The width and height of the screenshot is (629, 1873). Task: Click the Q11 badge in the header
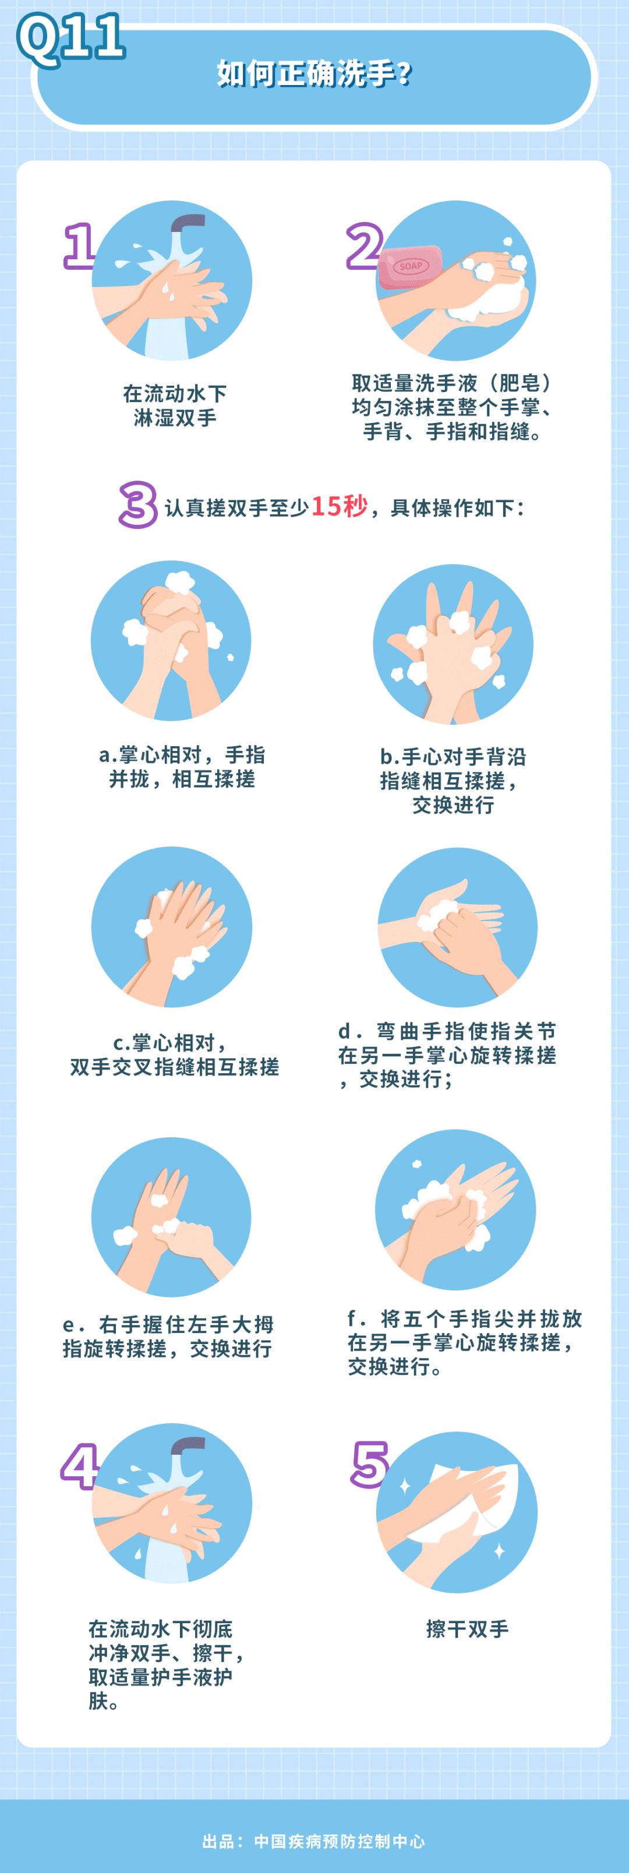pyautogui.click(x=70, y=38)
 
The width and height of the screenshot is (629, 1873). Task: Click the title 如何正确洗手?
pyautogui.click(x=314, y=73)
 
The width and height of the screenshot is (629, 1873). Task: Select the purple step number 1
pyautogui.click(x=79, y=246)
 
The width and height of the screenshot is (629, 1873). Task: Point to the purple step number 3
pyautogui.click(x=138, y=504)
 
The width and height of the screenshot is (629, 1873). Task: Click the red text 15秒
pyautogui.click(x=340, y=505)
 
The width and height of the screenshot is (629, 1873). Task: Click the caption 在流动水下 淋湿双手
pyautogui.click(x=175, y=405)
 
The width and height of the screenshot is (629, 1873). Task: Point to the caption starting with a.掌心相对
pyautogui.click(x=182, y=766)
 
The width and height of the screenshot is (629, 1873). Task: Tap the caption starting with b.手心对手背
pyautogui.click(x=453, y=780)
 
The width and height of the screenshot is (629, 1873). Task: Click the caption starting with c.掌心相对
pyautogui.click(x=175, y=1054)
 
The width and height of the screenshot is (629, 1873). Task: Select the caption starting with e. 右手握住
pyautogui.click(x=168, y=1336)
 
